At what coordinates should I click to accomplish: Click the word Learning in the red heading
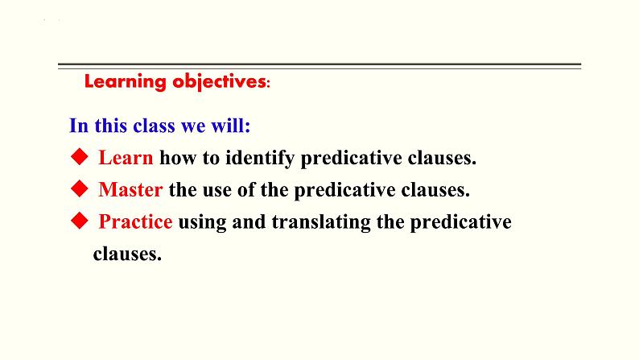(x=125, y=82)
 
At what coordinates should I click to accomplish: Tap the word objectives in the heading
(x=219, y=82)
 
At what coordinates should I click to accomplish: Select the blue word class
(x=155, y=125)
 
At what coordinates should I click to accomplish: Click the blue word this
(x=111, y=125)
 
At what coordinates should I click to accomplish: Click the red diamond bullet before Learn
(x=80, y=157)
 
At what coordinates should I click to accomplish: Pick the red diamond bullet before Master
(x=80, y=188)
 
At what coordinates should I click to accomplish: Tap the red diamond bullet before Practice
(x=80, y=221)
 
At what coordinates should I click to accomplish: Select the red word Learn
(x=126, y=157)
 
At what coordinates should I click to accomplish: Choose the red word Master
(x=130, y=189)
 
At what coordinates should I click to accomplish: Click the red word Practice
(x=135, y=221)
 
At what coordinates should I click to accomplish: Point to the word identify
(x=260, y=158)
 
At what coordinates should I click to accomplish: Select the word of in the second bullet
(x=245, y=189)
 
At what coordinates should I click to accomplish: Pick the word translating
(x=321, y=222)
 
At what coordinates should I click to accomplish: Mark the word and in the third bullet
(x=249, y=221)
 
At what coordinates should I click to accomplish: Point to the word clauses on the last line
(x=127, y=254)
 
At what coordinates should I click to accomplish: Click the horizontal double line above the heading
(x=319, y=66)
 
